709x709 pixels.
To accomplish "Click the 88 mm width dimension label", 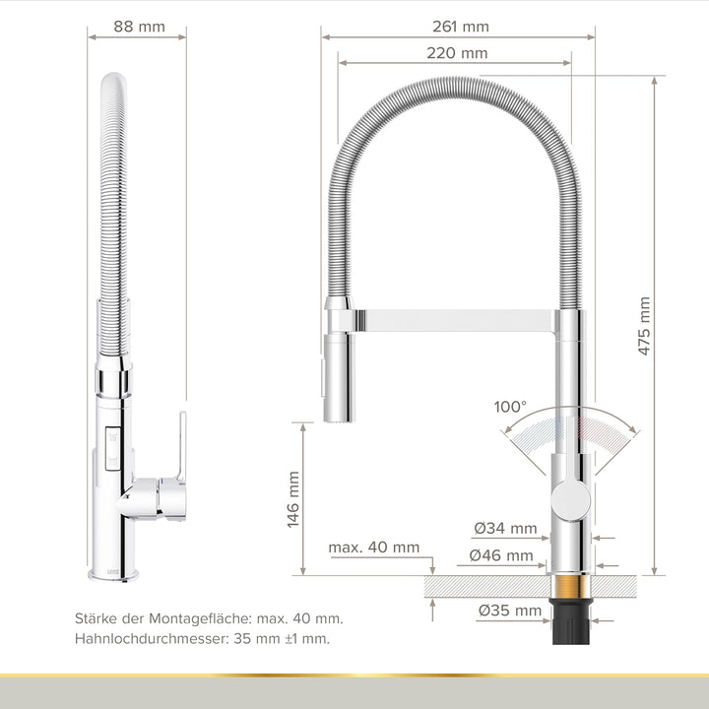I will (138, 27).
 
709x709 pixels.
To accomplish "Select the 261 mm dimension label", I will (459, 27).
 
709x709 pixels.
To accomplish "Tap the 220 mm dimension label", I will (457, 53).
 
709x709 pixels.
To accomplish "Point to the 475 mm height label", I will (644, 326).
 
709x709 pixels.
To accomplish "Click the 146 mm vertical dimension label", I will (293, 499).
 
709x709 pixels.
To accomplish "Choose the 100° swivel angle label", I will (510, 407).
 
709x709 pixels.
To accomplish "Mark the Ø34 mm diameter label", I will (505, 528).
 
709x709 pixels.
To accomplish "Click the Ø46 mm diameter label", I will (501, 555).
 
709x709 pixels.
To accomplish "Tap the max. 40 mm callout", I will (374, 548).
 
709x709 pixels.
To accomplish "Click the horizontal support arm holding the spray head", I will (453, 320).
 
